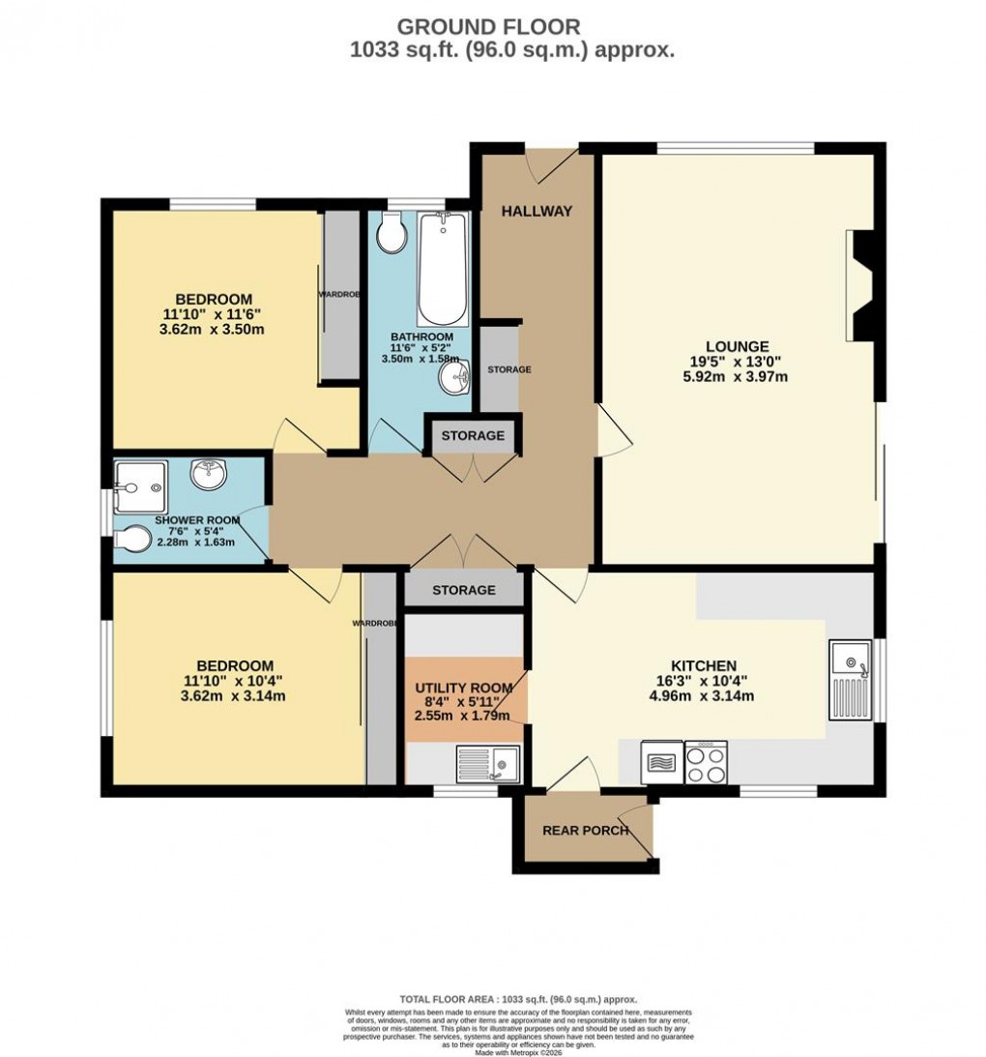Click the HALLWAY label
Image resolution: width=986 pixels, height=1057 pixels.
pos(536,211)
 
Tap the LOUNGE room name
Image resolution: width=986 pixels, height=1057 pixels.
pos(737,346)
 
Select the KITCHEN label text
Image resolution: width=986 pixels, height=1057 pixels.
pos(705,665)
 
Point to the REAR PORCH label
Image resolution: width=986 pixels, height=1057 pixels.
pos(586,830)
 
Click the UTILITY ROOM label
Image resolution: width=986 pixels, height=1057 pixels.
pos(464,687)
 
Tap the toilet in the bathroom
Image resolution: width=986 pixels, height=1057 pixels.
pos(391,232)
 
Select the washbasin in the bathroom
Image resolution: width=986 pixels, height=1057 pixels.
pos(452,375)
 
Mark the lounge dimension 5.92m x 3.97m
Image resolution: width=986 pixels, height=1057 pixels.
pos(737,377)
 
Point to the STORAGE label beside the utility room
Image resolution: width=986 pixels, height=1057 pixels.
pos(464,590)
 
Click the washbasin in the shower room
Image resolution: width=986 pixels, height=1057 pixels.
pos(209,475)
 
